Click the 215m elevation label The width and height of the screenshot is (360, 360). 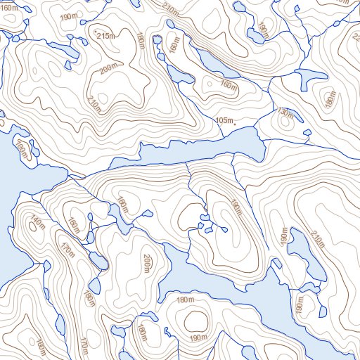[106, 36]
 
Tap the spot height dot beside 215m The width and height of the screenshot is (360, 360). [95, 32]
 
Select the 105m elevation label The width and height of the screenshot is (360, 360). [224, 120]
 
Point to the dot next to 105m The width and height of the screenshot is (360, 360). [235, 124]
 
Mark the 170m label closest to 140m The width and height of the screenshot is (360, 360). [67, 249]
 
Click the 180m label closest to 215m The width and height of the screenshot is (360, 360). [141, 41]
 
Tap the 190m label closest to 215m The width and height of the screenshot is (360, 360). [70, 18]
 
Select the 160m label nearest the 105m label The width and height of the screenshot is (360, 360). [227, 85]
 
